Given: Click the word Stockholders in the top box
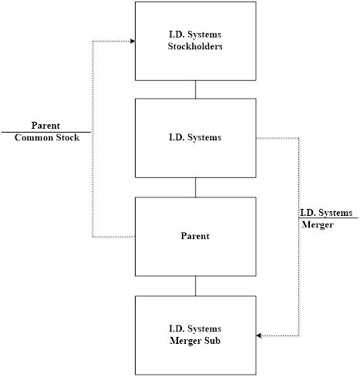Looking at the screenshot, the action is click(195, 46).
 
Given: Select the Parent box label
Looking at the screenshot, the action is click(195, 236).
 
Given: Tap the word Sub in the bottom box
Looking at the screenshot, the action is click(212, 341).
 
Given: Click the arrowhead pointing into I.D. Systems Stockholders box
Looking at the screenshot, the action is click(133, 41).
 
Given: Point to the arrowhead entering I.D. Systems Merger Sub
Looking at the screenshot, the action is click(259, 335).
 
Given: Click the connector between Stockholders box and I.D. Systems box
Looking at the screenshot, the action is click(195, 89).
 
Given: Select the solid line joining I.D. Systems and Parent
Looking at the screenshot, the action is click(195, 187).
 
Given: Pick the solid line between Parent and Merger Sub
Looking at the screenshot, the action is click(195, 286).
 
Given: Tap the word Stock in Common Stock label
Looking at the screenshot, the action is click(68, 137).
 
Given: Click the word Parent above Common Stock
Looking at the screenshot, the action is click(45, 126).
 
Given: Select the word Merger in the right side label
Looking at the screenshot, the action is click(318, 224).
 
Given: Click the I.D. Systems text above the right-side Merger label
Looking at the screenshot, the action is click(326, 213).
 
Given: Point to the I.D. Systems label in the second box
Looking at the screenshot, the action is click(195, 137).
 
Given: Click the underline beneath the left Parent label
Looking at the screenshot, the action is click(46, 132).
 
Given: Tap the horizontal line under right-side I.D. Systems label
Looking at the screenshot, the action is click(328, 218).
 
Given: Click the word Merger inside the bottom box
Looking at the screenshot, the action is click(186, 341).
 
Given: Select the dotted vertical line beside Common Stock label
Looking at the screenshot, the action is click(93, 139).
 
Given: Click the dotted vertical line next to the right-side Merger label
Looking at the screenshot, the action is click(299, 237).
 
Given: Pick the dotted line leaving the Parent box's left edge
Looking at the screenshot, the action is click(114, 237).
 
